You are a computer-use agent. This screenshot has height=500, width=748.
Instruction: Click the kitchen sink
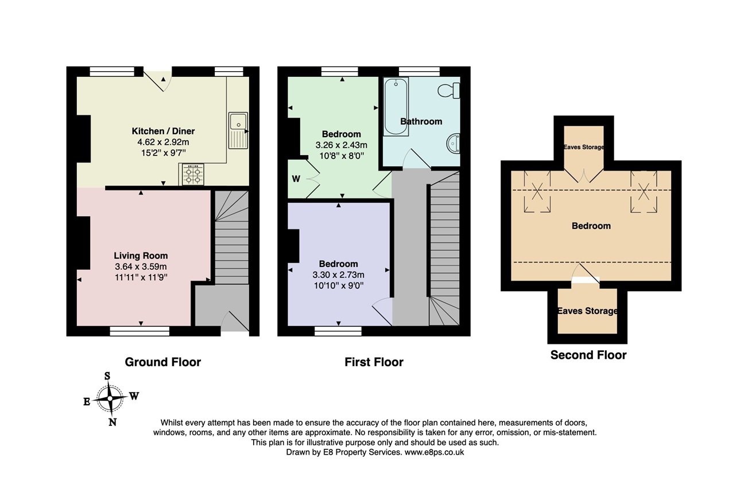click(x=238, y=130)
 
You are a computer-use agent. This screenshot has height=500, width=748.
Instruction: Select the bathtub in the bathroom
click(x=396, y=107)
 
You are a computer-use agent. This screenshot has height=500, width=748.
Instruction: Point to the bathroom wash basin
click(x=453, y=144)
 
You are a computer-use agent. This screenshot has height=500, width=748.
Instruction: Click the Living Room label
click(x=141, y=256)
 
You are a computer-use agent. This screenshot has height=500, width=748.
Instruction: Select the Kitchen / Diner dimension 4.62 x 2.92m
click(x=163, y=142)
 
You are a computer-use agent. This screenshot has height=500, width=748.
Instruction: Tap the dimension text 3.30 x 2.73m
click(x=338, y=275)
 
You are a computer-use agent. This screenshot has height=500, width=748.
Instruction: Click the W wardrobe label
click(x=296, y=179)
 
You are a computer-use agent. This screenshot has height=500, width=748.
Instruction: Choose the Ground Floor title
click(x=163, y=362)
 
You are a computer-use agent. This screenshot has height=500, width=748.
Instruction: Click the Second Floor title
click(x=588, y=355)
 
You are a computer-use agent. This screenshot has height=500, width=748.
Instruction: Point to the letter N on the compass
click(x=113, y=422)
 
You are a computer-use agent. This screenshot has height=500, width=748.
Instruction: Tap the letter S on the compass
click(x=107, y=376)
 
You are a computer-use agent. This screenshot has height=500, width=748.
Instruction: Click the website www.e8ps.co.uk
click(x=434, y=452)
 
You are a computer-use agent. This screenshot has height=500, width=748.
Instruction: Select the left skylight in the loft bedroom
click(x=537, y=191)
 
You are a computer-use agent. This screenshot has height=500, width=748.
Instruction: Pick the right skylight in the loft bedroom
click(x=644, y=191)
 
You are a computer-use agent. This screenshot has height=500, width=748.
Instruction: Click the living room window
click(x=139, y=331)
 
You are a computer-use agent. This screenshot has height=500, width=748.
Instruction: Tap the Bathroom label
click(x=421, y=122)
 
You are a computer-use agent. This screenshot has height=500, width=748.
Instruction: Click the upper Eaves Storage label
click(x=584, y=148)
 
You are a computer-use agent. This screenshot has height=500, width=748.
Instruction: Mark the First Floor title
click(x=374, y=362)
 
